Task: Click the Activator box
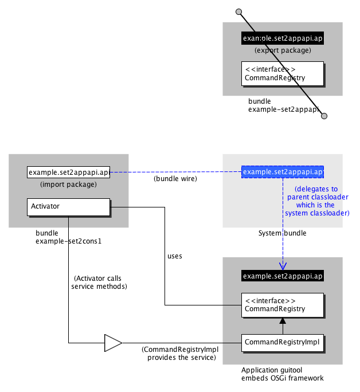pos(68,206)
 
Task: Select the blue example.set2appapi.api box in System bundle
pos(283,172)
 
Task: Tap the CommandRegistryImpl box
pos(282,343)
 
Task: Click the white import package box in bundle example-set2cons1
pos(68,172)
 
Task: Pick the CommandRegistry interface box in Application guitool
pos(282,305)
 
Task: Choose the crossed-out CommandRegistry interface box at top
pos(282,74)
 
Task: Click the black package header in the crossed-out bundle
pos(283,38)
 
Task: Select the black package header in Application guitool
pos(283,276)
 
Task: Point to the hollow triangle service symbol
pos(112,343)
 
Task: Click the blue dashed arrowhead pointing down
pos(283,265)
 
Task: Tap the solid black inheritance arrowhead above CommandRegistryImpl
pos(282,322)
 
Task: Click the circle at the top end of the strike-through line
pos(239,11)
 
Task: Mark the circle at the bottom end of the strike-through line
pos(324,116)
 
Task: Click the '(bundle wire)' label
pos(175,179)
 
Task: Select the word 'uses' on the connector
pos(174,256)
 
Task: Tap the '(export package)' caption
pos(283,50)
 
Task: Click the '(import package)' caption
pos(68,185)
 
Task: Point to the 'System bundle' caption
pos(282,233)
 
